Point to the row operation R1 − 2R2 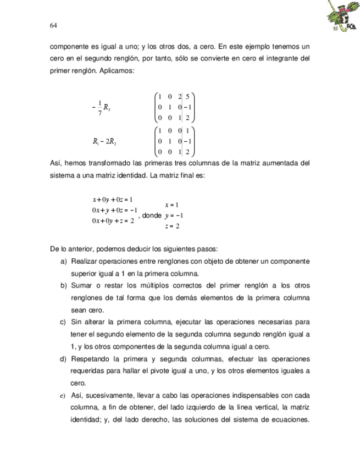(105, 142)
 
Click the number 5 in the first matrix (187, 96)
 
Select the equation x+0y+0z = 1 (113, 200)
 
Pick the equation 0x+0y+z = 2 (113, 221)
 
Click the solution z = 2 (173, 226)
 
